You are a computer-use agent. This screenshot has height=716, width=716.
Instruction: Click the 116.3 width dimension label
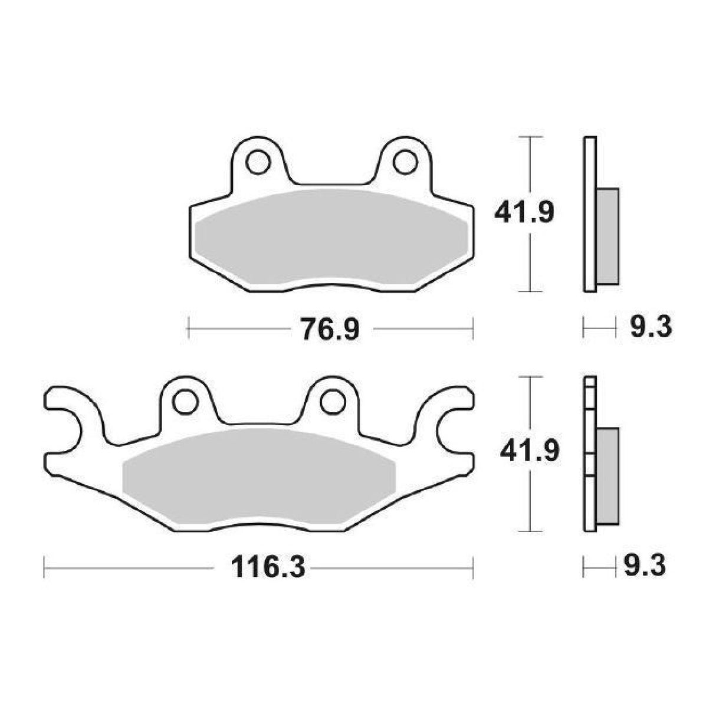(268, 568)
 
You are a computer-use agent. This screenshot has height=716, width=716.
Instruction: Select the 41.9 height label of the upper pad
(524, 213)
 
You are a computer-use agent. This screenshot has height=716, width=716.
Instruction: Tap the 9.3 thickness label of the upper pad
(651, 327)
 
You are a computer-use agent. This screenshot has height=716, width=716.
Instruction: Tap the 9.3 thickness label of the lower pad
(645, 567)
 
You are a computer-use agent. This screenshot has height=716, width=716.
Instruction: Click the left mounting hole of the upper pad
(257, 162)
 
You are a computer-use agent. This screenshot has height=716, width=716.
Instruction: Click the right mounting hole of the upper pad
(405, 162)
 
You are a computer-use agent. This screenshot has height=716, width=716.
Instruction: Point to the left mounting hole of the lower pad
(185, 401)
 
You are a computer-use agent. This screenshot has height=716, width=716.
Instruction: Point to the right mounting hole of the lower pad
(332, 401)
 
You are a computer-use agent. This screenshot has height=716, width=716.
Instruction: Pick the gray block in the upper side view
(608, 236)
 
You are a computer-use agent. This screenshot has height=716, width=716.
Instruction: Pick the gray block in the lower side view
(608, 475)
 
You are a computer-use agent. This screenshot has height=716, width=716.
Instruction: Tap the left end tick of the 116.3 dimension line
(45, 569)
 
